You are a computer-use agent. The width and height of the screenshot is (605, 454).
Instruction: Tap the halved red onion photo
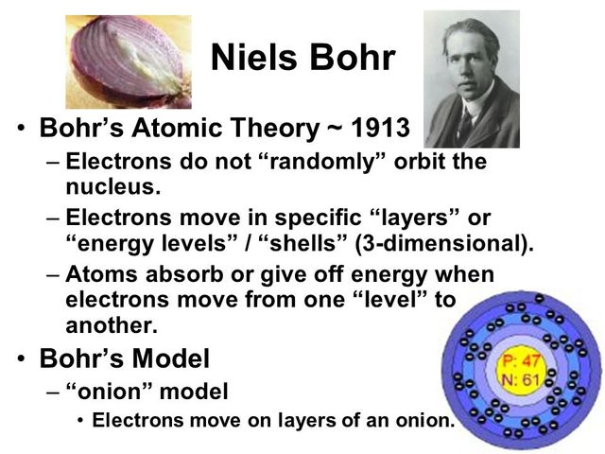[127, 60]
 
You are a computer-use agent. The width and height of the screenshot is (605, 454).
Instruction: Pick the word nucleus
[110, 183]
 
